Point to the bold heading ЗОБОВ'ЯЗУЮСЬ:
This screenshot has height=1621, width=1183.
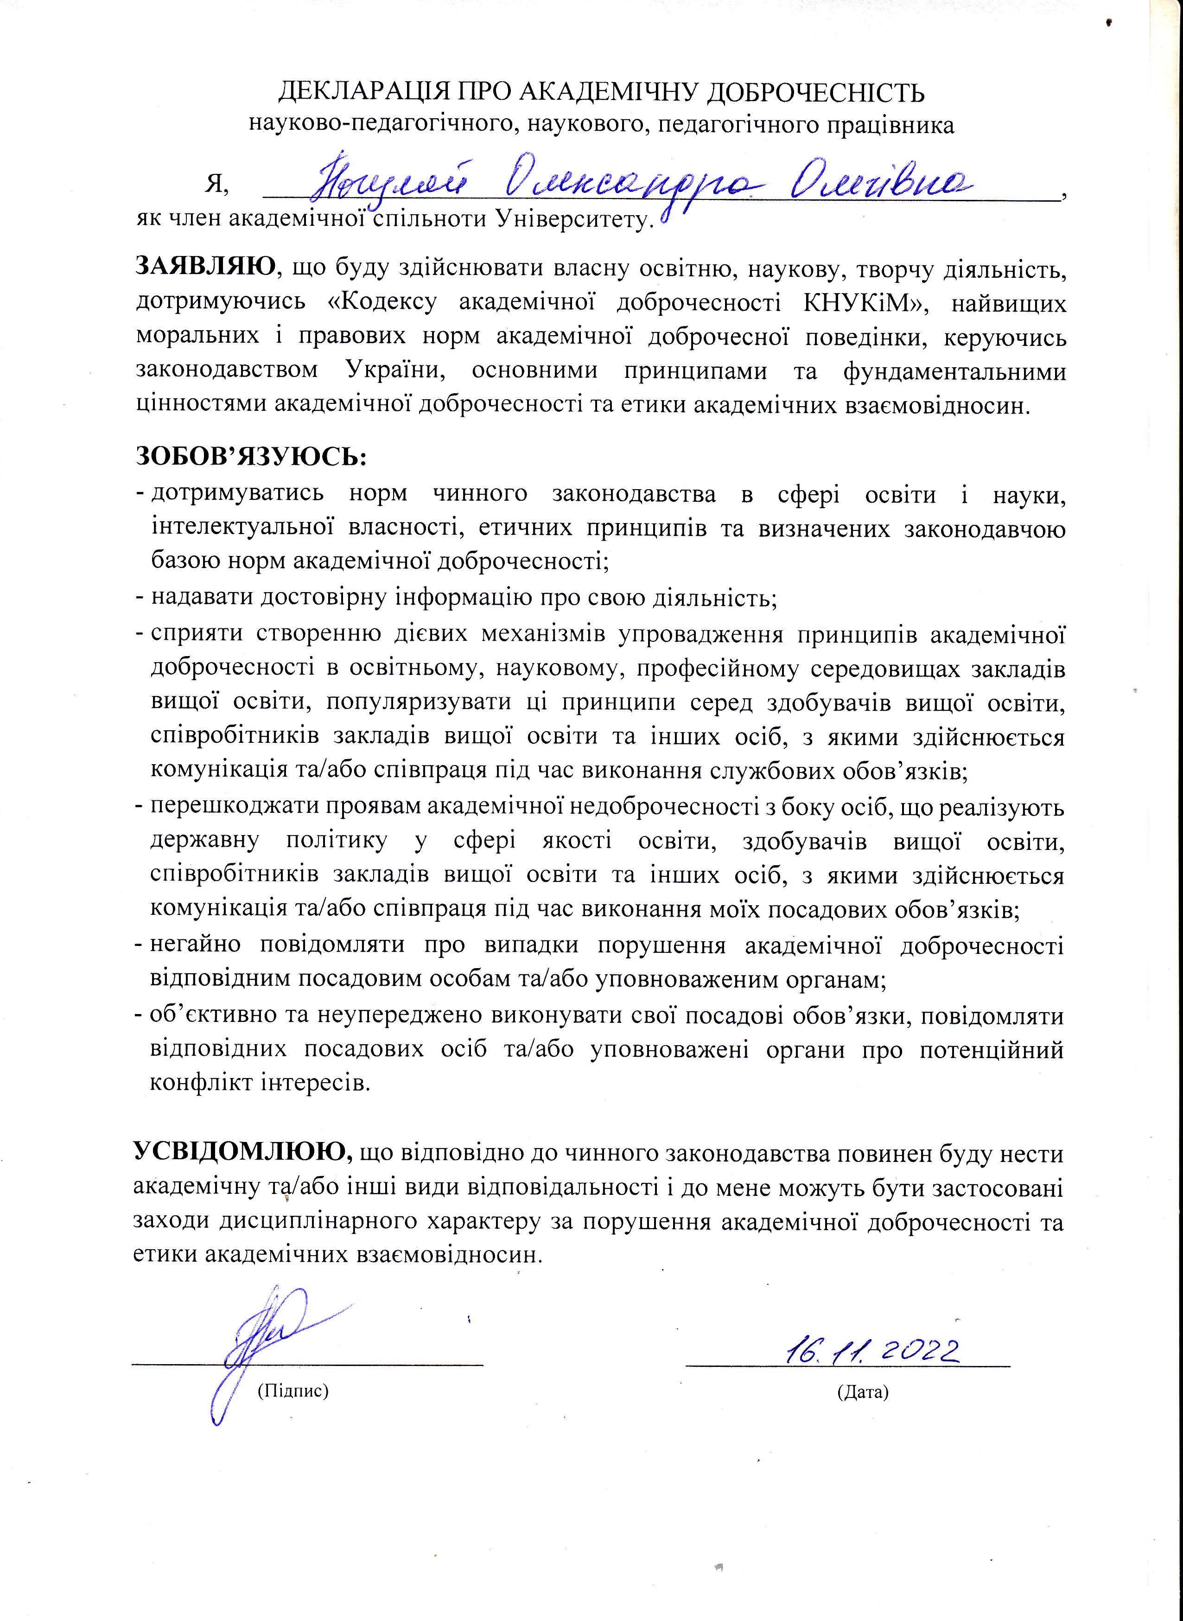point(251,456)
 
